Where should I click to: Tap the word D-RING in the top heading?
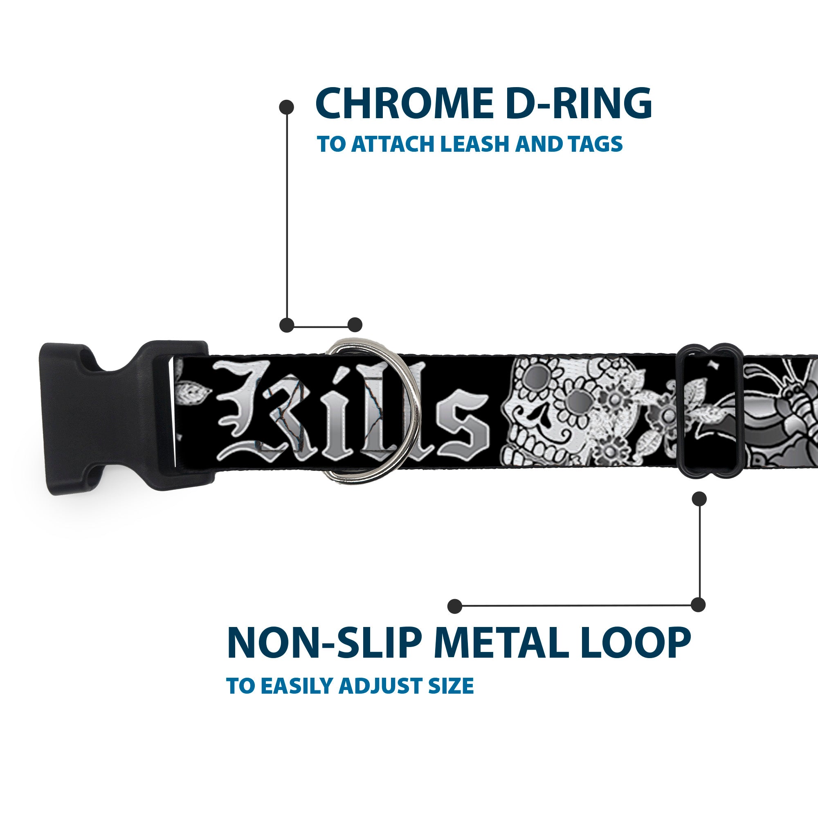coord(578,104)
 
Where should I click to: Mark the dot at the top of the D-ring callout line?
coord(287,107)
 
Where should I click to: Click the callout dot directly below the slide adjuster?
coord(699,499)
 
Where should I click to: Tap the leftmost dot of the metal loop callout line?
coord(454,606)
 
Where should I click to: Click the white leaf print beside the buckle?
coord(193,394)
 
